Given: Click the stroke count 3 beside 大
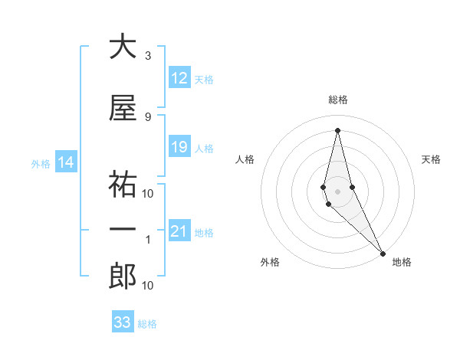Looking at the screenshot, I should [x=148, y=56].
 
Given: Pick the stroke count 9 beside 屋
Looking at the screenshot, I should [x=148, y=116].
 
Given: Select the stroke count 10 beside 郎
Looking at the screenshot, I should [x=148, y=286].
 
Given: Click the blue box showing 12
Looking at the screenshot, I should [x=179, y=78].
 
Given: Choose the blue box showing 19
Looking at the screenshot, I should [x=179, y=147].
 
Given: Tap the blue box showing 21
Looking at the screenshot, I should [x=179, y=231].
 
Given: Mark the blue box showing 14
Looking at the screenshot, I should [x=65, y=162].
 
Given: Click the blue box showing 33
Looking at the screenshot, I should [x=123, y=322].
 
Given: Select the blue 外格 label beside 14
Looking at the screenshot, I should [x=41, y=163].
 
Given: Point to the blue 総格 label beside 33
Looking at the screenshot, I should [x=147, y=324].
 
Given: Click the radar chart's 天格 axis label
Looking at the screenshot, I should [x=432, y=159].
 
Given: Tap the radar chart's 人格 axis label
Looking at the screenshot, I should [x=245, y=159].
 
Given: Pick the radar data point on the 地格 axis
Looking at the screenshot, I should [x=383, y=252].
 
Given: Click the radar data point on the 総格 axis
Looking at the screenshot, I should [x=337, y=130].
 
